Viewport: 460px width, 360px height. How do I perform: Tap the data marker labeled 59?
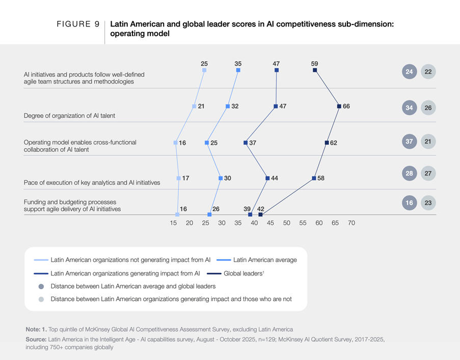click(315, 70)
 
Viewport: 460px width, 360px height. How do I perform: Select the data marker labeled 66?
click(339, 106)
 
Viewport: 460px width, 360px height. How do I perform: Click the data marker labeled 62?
click(326, 143)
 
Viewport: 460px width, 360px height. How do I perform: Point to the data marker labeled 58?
click(314, 178)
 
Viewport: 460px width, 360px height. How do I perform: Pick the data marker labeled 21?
click(194, 106)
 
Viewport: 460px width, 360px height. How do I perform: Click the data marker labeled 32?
click(228, 106)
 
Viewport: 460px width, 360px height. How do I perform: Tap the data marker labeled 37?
click(245, 143)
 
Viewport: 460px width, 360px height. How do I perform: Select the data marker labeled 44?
click(267, 178)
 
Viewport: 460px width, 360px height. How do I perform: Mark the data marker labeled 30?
click(221, 178)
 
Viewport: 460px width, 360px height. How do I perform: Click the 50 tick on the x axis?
click(286, 223)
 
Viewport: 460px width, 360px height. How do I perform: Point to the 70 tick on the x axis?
click(351, 223)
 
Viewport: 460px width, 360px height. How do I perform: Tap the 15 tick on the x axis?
click(174, 223)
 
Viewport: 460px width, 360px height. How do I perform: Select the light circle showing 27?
click(428, 174)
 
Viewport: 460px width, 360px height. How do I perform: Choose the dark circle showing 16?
click(409, 203)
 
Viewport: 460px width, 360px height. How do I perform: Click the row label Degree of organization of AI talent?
click(69, 116)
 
